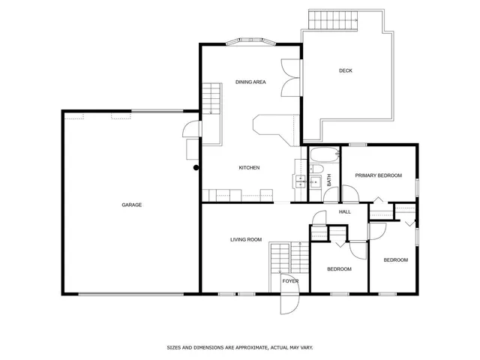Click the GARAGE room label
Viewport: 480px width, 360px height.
coord(132,205)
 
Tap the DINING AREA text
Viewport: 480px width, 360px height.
coord(250,82)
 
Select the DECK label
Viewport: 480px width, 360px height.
coord(345,71)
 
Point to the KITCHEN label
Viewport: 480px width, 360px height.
coord(249,167)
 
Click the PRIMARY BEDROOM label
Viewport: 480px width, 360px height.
coord(379,175)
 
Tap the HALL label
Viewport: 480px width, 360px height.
coord(345,211)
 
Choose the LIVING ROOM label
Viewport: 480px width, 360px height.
coord(246,239)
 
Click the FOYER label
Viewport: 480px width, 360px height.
coord(290,281)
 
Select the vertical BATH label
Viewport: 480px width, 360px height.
coord(328,181)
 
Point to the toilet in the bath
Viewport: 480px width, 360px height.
coord(314,181)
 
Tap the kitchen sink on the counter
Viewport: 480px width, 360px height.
coord(299,181)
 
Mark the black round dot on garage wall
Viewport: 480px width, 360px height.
coord(196,168)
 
